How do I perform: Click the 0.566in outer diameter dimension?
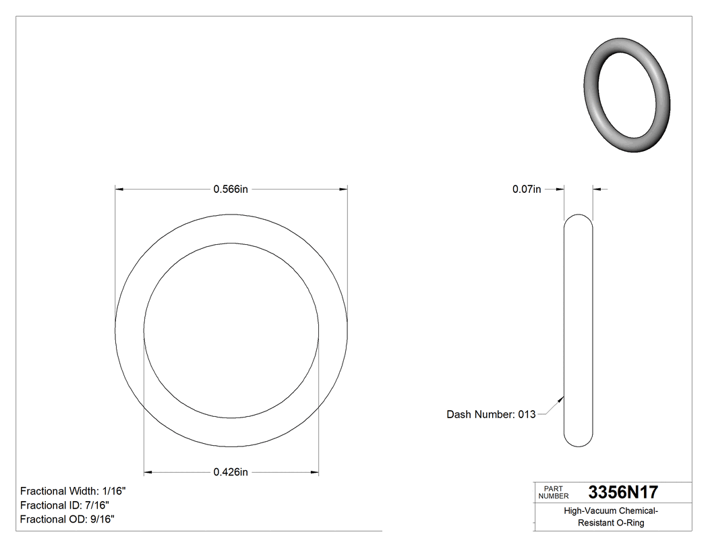231,190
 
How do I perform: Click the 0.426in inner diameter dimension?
231,472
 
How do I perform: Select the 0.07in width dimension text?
527,190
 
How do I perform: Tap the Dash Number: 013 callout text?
491,414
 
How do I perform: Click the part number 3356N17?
623,492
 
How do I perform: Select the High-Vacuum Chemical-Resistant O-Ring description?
612,517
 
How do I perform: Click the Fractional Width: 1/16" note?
73,491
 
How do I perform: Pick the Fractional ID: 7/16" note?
65,505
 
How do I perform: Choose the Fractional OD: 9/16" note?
67,519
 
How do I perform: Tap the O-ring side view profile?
578,330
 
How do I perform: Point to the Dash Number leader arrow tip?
563,397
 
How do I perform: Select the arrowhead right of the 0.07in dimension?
597,190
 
